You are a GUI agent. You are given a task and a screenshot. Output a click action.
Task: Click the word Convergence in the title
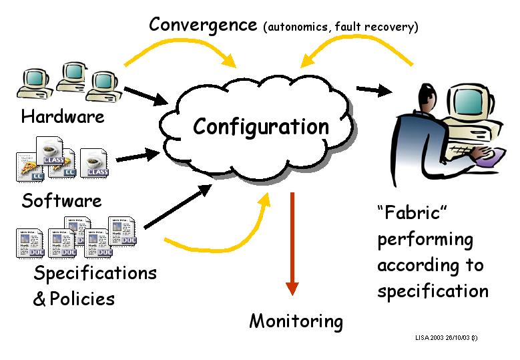[203, 25]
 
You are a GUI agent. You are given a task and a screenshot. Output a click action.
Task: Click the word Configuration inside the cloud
[261, 126]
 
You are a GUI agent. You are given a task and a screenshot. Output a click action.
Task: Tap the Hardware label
[63, 117]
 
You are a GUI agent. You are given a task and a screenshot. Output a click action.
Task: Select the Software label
[61, 200]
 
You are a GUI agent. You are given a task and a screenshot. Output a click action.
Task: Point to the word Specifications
[95, 273]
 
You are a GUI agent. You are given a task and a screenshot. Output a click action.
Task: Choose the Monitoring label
[296, 321]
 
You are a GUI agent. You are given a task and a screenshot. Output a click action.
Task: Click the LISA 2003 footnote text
[445, 338]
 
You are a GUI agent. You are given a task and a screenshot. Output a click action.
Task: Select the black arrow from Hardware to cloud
[146, 95]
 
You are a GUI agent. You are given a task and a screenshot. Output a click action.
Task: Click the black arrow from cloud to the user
[373, 89]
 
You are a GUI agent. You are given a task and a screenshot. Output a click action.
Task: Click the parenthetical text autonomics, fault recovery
[340, 27]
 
